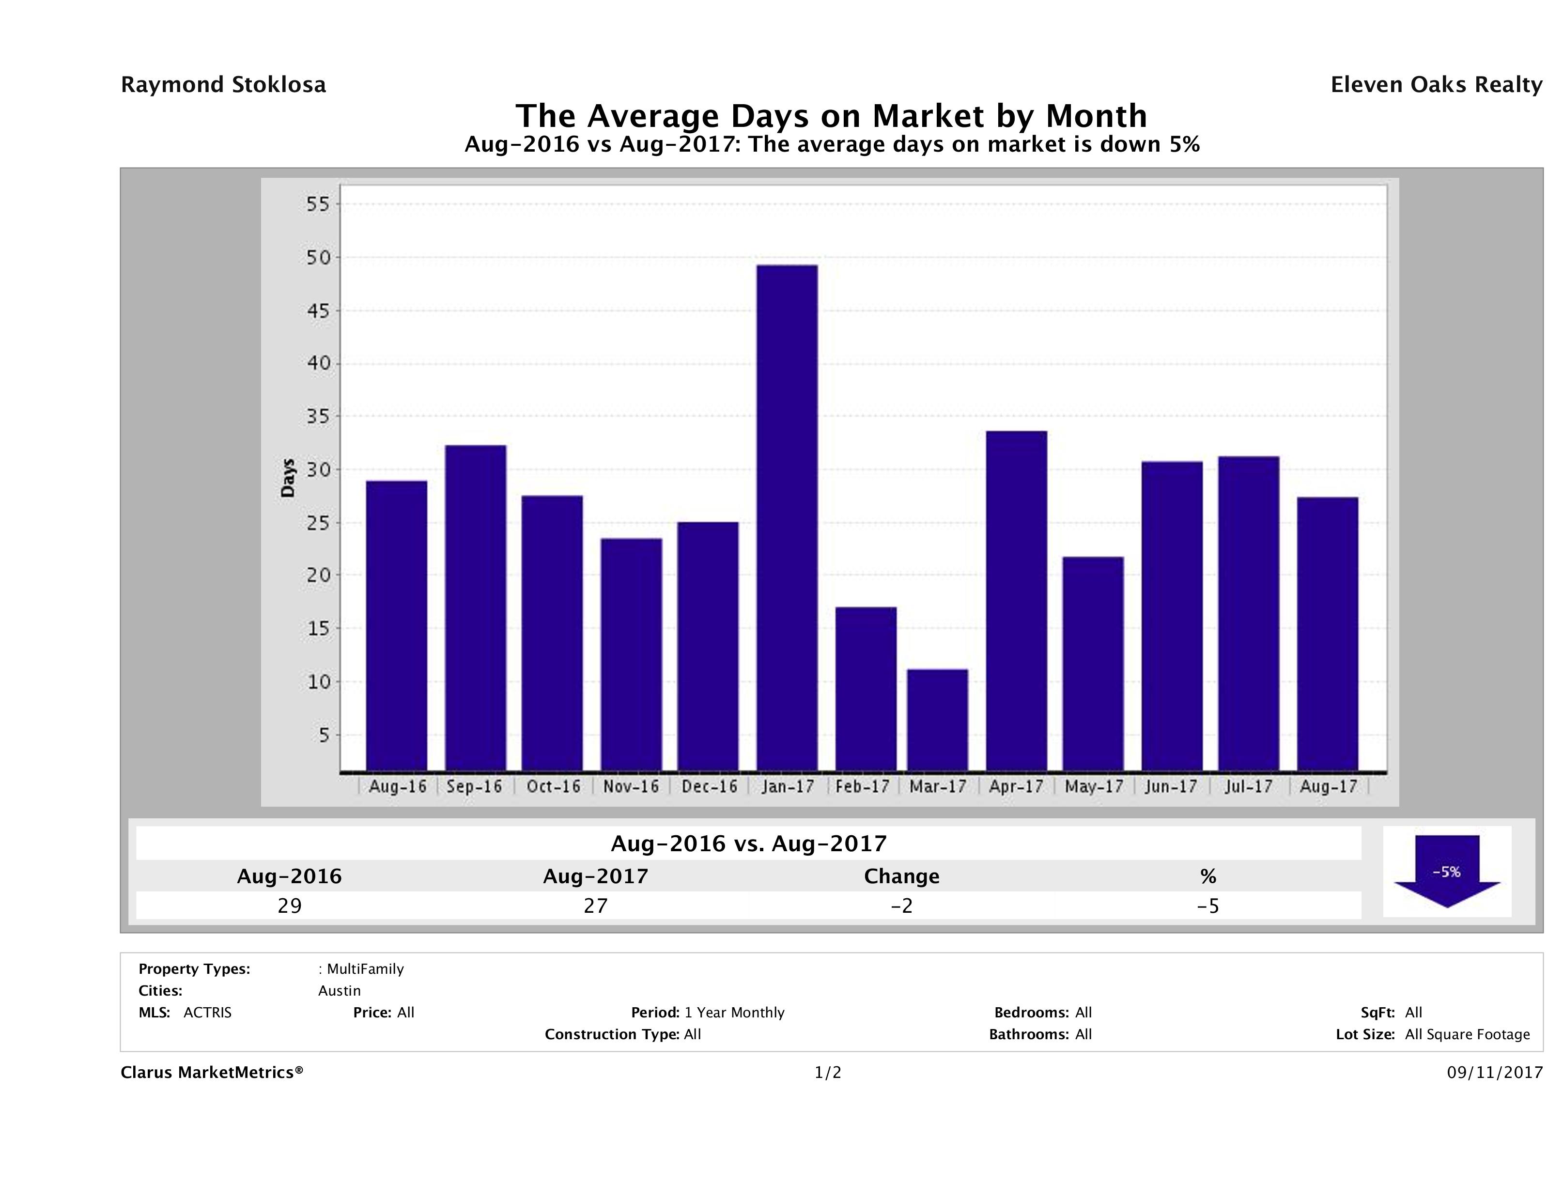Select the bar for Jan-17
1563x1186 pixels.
(x=787, y=517)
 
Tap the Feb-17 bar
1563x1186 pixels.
(x=866, y=688)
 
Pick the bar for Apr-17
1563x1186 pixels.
(x=1017, y=601)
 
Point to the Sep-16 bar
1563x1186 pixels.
(x=476, y=608)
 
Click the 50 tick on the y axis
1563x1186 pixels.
(x=319, y=257)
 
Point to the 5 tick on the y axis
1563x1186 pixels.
(x=324, y=735)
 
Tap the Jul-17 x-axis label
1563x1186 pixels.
(x=1249, y=786)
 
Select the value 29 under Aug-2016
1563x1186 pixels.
(x=290, y=905)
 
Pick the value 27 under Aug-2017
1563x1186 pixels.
(x=596, y=905)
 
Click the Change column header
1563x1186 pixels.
(x=902, y=876)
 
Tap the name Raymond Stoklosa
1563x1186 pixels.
(x=223, y=85)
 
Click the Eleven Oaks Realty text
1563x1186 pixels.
(x=1436, y=85)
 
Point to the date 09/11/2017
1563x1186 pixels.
(x=1494, y=1072)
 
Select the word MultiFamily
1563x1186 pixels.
(x=365, y=969)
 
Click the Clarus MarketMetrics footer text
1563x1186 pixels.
(x=212, y=1072)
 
